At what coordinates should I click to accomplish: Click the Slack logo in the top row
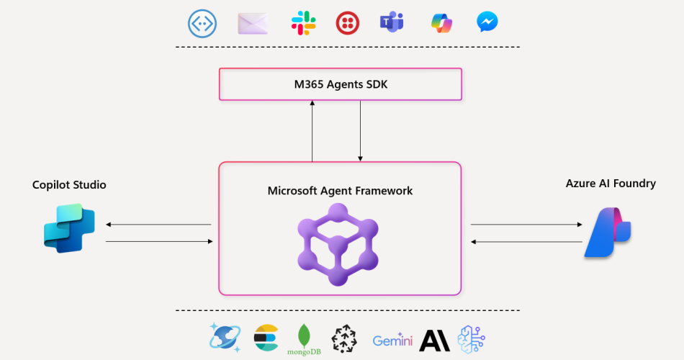[303, 24]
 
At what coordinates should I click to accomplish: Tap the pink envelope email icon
[253, 24]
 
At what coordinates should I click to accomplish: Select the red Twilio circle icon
[348, 24]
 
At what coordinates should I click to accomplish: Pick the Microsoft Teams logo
[392, 24]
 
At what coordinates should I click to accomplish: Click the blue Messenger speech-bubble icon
[487, 23]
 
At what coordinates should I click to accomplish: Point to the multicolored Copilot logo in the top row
[440, 24]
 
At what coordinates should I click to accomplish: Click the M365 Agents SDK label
[340, 84]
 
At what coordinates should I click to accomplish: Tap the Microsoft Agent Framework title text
[340, 191]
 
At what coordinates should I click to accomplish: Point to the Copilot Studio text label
[69, 185]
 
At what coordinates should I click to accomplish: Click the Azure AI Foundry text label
[611, 184]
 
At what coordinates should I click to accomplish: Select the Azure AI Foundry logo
[608, 233]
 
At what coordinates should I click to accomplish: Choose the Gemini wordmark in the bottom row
[392, 340]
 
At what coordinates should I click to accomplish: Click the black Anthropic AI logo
[435, 340]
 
